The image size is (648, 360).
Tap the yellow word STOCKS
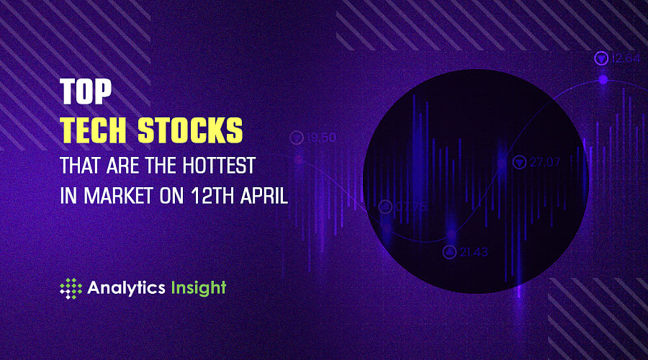click(x=194, y=132)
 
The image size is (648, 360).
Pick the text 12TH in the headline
click(x=208, y=197)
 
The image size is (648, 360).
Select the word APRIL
click(x=264, y=197)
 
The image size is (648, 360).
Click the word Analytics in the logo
click(x=126, y=288)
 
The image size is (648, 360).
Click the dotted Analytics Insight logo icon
click(x=71, y=289)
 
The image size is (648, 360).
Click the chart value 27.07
click(x=545, y=163)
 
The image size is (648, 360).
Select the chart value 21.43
click(x=474, y=251)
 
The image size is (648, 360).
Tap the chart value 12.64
click(x=625, y=58)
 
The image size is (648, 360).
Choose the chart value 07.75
click(x=411, y=207)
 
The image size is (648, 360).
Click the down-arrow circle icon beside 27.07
click(x=518, y=163)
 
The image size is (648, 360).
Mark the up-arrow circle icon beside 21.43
click(x=449, y=251)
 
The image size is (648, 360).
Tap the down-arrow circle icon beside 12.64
click(x=600, y=58)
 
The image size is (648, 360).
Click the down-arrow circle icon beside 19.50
click(x=296, y=137)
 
